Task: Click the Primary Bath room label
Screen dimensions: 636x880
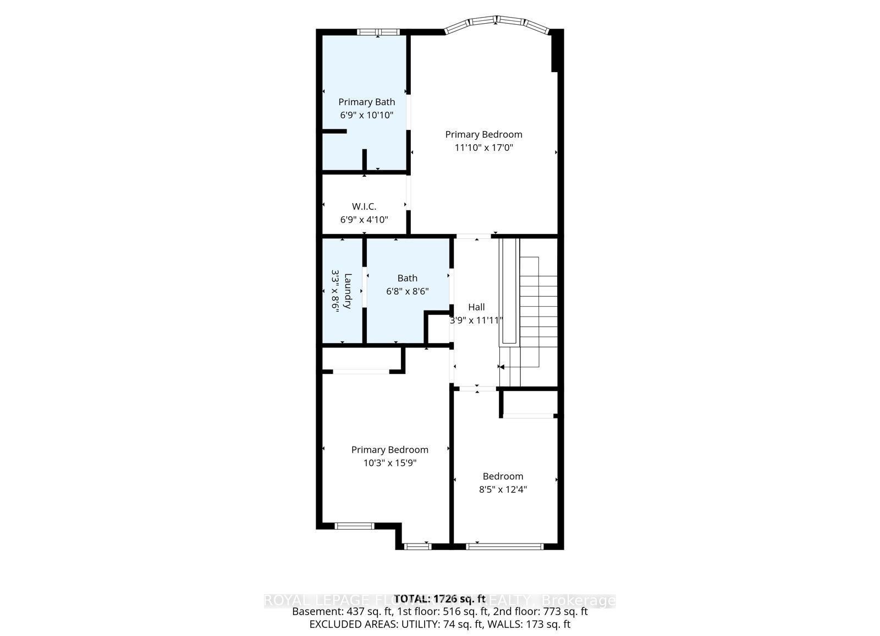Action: pos(366,102)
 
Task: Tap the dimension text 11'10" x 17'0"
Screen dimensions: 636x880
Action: pos(483,148)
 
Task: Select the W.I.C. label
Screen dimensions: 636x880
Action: pos(364,206)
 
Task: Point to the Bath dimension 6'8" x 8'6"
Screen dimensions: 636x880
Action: pos(407,291)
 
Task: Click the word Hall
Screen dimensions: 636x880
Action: pos(476,307)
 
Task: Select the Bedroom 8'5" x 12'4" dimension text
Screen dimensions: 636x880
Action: pos(503,490)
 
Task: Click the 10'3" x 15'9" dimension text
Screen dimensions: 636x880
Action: pos(389,463)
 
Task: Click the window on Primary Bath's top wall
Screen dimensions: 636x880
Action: pos(378,32)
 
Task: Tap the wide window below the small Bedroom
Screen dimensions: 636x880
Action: pos(504,546)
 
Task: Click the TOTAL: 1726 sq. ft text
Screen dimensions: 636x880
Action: pos(439,599)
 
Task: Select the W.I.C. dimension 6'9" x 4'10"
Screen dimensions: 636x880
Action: pos(364,220)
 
